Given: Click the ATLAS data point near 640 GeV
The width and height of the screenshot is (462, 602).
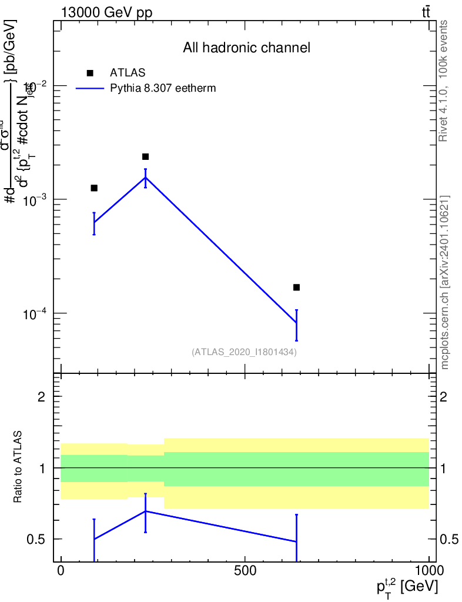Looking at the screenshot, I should [x=296, y=287].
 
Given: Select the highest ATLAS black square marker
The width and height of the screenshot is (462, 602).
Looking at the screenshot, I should [x=145, y=156].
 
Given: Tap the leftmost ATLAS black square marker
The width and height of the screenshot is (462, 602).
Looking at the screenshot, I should [x=94, y=188].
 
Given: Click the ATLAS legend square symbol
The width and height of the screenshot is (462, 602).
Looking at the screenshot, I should [x=90, y=73].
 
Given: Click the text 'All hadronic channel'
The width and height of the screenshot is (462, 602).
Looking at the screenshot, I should [x=246, y=48].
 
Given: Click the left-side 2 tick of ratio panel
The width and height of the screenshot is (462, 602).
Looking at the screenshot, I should [x=42, y=397].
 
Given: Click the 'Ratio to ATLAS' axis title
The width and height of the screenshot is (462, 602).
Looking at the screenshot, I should [x=18, y=468].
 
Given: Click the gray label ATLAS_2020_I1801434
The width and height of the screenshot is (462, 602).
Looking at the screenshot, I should [x=244, y=352].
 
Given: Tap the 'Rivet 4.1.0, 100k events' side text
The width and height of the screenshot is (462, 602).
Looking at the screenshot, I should [x=444, y=80].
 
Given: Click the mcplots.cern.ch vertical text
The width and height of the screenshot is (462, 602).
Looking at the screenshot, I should [x=445, y=282].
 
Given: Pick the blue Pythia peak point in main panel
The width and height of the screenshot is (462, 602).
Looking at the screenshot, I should [x=145, y=177].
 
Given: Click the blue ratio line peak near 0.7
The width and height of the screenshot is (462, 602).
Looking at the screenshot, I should [x=145, y=511].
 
